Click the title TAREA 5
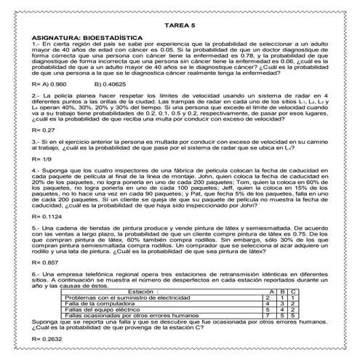180,24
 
